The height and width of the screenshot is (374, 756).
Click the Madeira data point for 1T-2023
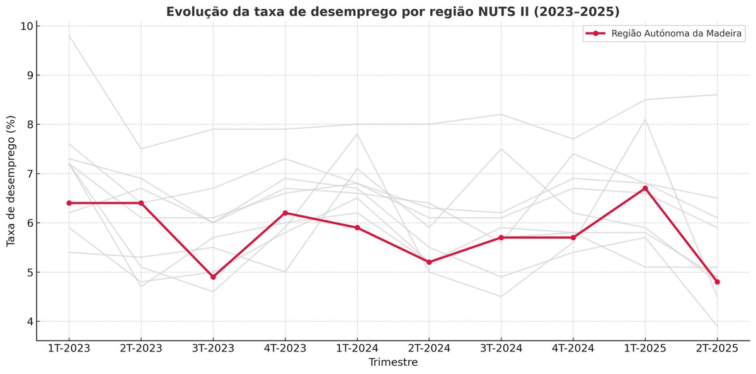pyautogui.click(x=69, y=203)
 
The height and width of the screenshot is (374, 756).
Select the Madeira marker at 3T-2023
pyautogui.click(x=213, y=277)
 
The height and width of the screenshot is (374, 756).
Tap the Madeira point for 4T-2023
pyautogui.click(x=285, y=213)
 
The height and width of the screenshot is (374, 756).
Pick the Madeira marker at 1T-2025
pyautogui.click(x=645, y=188)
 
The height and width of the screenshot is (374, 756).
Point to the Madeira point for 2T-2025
pyautogui.click(x=717, y=282)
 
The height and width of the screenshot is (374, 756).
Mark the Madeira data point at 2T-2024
pyautogui.click(x=429, y=262)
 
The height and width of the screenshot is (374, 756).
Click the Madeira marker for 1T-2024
pyautogui.click(x=357, y=228)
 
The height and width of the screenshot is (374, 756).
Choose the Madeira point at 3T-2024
pyautogui.click(x=501, y=237)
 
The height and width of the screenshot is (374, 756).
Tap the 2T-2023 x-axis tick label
pyautogui.click(x=140, y=348)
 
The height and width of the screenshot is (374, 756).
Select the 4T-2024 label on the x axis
pyautogui.click(x=573, y=348)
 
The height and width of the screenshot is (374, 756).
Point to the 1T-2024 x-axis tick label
pyautogui.click(x=357, y=348)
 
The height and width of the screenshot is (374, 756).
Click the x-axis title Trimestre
pyautogui.click(x=392, y=363)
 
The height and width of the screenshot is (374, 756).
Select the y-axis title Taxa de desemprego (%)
pyautogui.click(x=11, y=181)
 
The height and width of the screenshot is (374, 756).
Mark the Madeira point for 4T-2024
pyautogui.click(x=573, y=237)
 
